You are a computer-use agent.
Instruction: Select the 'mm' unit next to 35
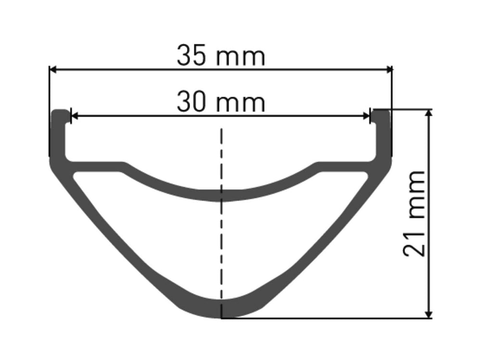click(240, 57)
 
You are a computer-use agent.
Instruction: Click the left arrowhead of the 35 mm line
click(53, 70)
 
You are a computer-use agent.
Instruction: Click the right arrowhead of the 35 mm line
click(388, 70)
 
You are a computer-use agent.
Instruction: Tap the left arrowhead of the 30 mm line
click(75, 116)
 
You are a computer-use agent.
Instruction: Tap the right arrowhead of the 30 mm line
click(366, 116)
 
